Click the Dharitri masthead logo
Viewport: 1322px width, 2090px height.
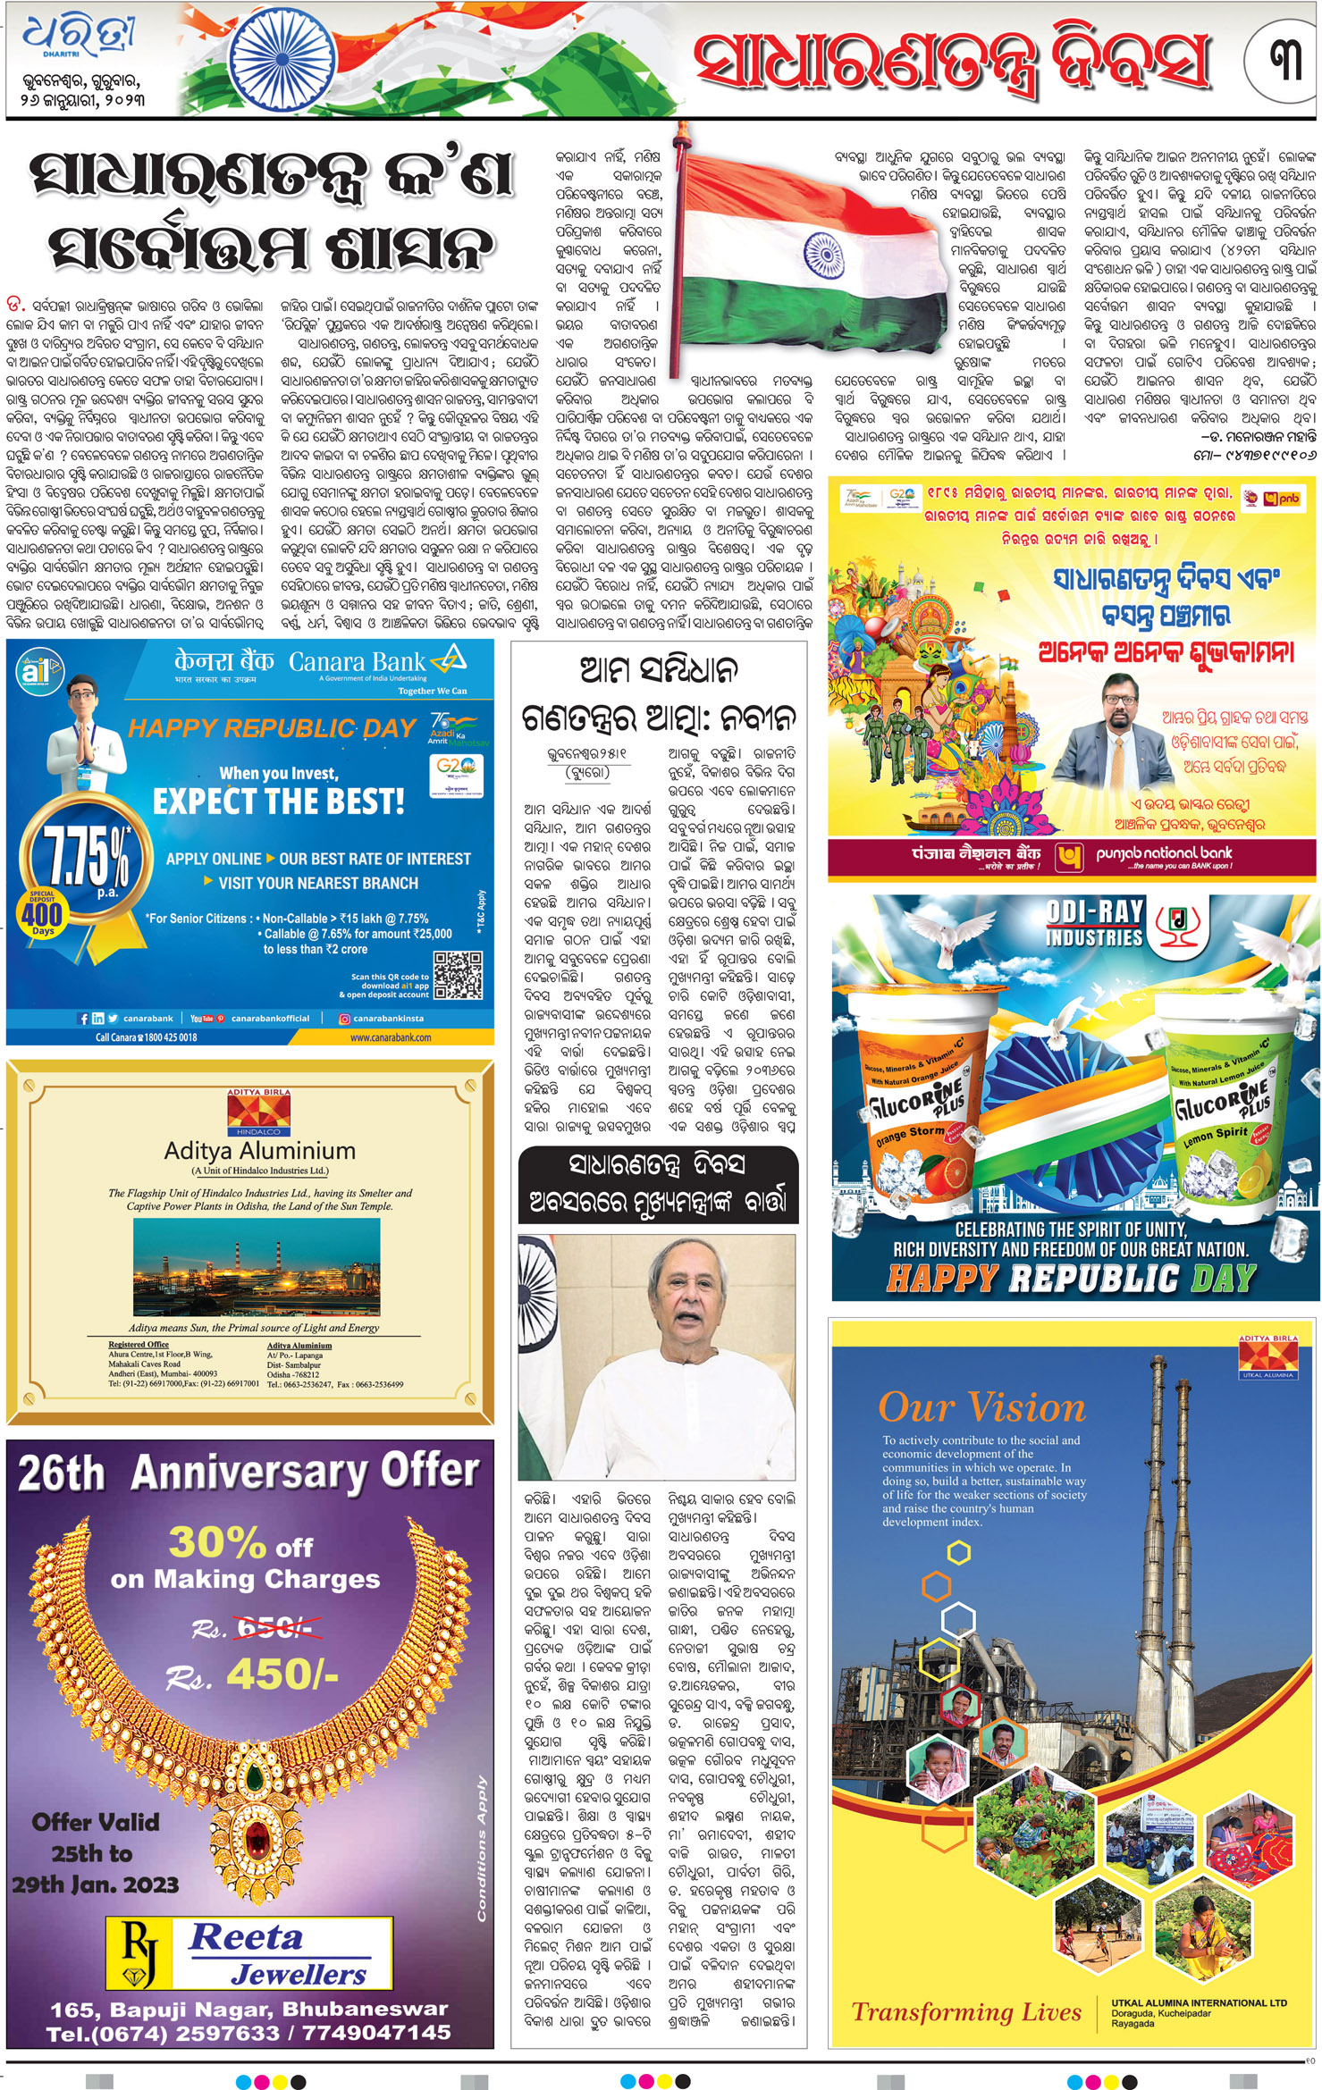click(x=80, y=40)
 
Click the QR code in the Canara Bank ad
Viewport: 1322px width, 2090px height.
click(x=458, y=975)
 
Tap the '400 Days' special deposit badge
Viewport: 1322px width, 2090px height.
click(x=42, y=914)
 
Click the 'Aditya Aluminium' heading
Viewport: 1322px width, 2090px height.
click(x=259, y=1150)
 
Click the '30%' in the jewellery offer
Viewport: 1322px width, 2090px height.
click(x=217, y=1542)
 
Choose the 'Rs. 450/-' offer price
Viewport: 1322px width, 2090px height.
click(x=265, y=1675)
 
